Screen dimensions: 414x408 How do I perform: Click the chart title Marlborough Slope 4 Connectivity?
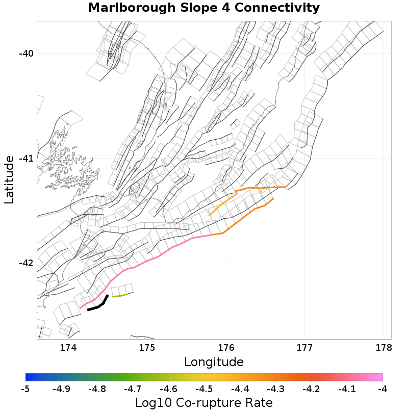[x=203, y=8]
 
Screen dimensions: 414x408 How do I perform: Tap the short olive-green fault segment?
[x=119, y=295]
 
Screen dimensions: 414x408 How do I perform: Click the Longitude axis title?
[x=214, y=362]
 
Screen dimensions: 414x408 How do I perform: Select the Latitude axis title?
[x=9, y=180]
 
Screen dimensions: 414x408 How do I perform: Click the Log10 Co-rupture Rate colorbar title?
[x=203, y=403]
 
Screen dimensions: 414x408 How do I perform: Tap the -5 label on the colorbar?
[x=25, y=389]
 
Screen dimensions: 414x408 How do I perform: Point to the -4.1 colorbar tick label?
[x=347, y=389]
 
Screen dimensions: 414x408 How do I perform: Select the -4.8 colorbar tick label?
[x=97, y=389]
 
